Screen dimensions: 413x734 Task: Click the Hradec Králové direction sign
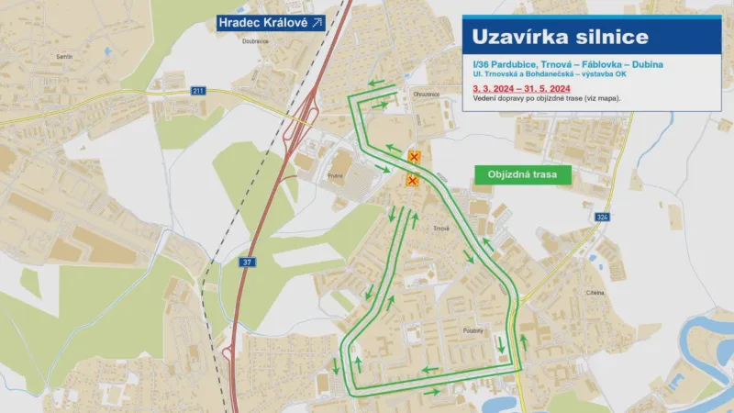(271, 22)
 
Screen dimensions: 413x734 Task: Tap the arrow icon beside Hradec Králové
(317, 22)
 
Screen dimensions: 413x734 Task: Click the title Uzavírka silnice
(560, 38)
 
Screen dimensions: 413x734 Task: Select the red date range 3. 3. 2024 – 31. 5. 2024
(521, 87)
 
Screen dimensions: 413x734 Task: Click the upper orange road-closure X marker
(415, 158)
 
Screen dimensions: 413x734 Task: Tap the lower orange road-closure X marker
(412, 180)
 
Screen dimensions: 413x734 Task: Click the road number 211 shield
(197, 91)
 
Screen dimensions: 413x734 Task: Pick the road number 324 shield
(602, 217)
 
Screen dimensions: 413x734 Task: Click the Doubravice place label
(255, 41)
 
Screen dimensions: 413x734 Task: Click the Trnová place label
(441, 229)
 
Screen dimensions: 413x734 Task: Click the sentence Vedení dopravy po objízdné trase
(547, 97)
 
